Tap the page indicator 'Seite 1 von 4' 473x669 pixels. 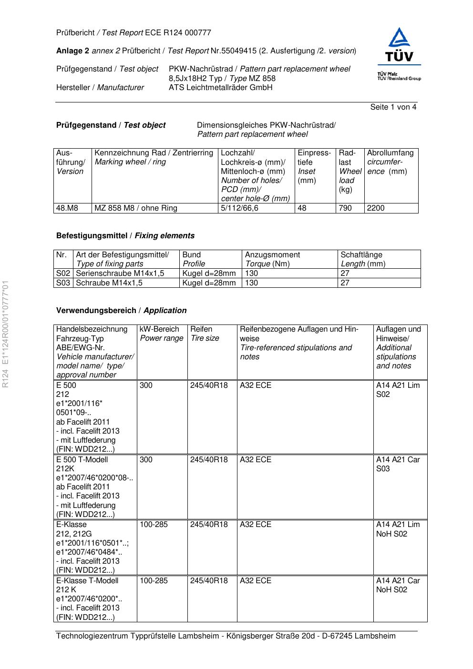tap(393, 107)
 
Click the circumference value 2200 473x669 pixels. tap(376, 208)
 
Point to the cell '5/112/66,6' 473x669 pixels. tap(240, 208)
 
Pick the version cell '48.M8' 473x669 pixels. tap(67, 208)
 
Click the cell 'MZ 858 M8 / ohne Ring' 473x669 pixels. tap(136, 208)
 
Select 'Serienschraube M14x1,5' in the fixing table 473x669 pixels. tap(120, 274)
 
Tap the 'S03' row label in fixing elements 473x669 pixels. tap(63, 283)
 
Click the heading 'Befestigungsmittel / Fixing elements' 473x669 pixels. tap(125, 236)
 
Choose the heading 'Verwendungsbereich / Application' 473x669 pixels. tap(122, 311)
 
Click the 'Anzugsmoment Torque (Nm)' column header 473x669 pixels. tap(273, 259)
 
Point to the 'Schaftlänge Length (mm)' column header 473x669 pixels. tap(363, 259)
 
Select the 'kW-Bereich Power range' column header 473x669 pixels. tap(162, 334)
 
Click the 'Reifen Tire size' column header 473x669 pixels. tap(205, 334)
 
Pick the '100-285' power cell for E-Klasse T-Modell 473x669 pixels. tap(154, 581)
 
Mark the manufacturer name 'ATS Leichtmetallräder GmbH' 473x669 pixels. tap(220, 88)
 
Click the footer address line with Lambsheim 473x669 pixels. tap(226, 636)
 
